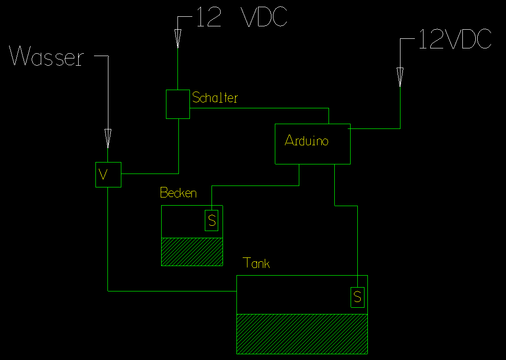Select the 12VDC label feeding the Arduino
455,39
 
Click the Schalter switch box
177,104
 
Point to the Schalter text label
215,98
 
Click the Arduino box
312,144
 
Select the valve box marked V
108,174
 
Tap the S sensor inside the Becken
212,221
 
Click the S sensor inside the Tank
358,297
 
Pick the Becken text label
178,193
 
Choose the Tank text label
256,263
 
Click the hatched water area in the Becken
192,252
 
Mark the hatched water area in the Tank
302,334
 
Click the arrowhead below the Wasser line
108,138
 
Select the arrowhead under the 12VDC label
400,77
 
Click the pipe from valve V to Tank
108,240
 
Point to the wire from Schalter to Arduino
259,108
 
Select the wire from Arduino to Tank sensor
357,240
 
